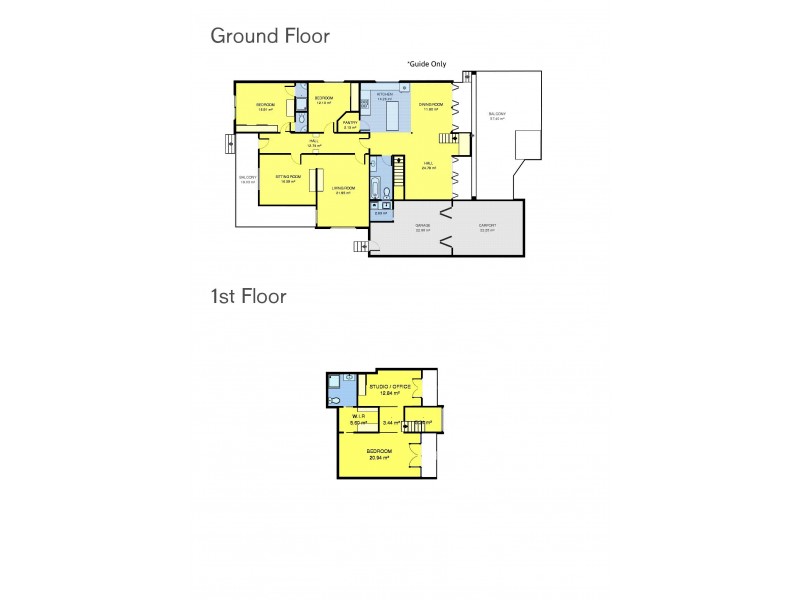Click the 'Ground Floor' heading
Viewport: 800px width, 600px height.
(269, 36)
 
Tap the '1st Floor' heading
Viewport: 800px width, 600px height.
(248, 296)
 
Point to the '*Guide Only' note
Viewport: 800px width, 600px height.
(426, 63)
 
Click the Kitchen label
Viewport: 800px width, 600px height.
(385, 95)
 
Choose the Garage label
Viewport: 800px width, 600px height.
(423, 226)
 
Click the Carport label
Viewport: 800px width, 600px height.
(487, 226)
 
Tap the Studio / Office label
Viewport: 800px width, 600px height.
(390, 386)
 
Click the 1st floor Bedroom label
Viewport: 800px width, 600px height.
(378, 452)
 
